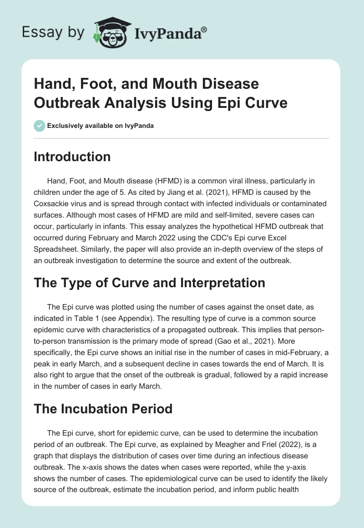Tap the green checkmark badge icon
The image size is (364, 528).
tap(39, 125)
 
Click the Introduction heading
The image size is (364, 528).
tap(72, 157)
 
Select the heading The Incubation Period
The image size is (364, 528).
tap(103, 408)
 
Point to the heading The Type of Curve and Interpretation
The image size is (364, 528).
tap(150, 282)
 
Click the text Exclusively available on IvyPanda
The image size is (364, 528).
tap(100, 126)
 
